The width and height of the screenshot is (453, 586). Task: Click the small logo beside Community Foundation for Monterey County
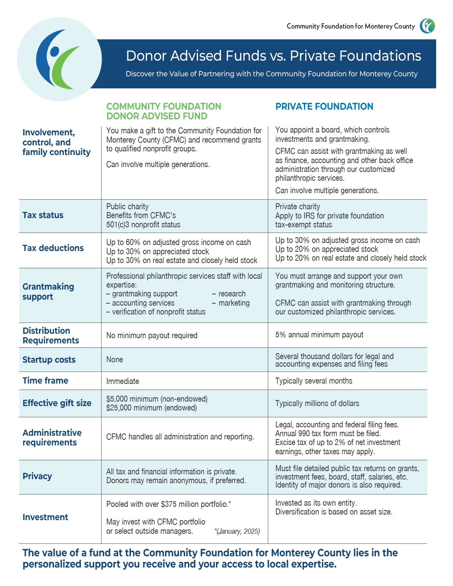pos(427,26)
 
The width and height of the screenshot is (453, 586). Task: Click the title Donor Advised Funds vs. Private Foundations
pos(273,56)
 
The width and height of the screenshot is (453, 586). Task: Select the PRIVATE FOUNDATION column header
pos(324,106)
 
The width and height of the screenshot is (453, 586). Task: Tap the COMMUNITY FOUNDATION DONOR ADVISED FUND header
pos(163,111)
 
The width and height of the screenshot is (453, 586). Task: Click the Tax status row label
pos(43,215)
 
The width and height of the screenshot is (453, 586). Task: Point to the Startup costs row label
pos(49,360)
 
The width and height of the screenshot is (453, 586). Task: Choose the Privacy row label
pos(37,476)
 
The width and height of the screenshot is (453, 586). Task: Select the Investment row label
pos(45,517)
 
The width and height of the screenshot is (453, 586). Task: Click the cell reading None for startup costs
pos(114,360)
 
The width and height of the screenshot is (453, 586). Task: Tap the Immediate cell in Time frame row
pos(122,381)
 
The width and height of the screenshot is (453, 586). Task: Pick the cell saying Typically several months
pos(314,381)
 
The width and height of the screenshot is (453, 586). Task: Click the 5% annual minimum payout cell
pos(319,335)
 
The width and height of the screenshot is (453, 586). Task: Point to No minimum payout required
pos(152,336)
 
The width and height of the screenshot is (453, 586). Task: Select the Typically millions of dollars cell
pos(317,404)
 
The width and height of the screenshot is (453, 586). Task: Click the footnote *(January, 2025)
pos(237,531)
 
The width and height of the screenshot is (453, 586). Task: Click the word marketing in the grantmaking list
pos(234,303)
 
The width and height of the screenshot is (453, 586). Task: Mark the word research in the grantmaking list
pos(232,294)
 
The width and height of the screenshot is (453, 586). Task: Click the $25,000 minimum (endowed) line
pos(151,408)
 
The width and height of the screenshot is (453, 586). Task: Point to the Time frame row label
pos(45,381)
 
